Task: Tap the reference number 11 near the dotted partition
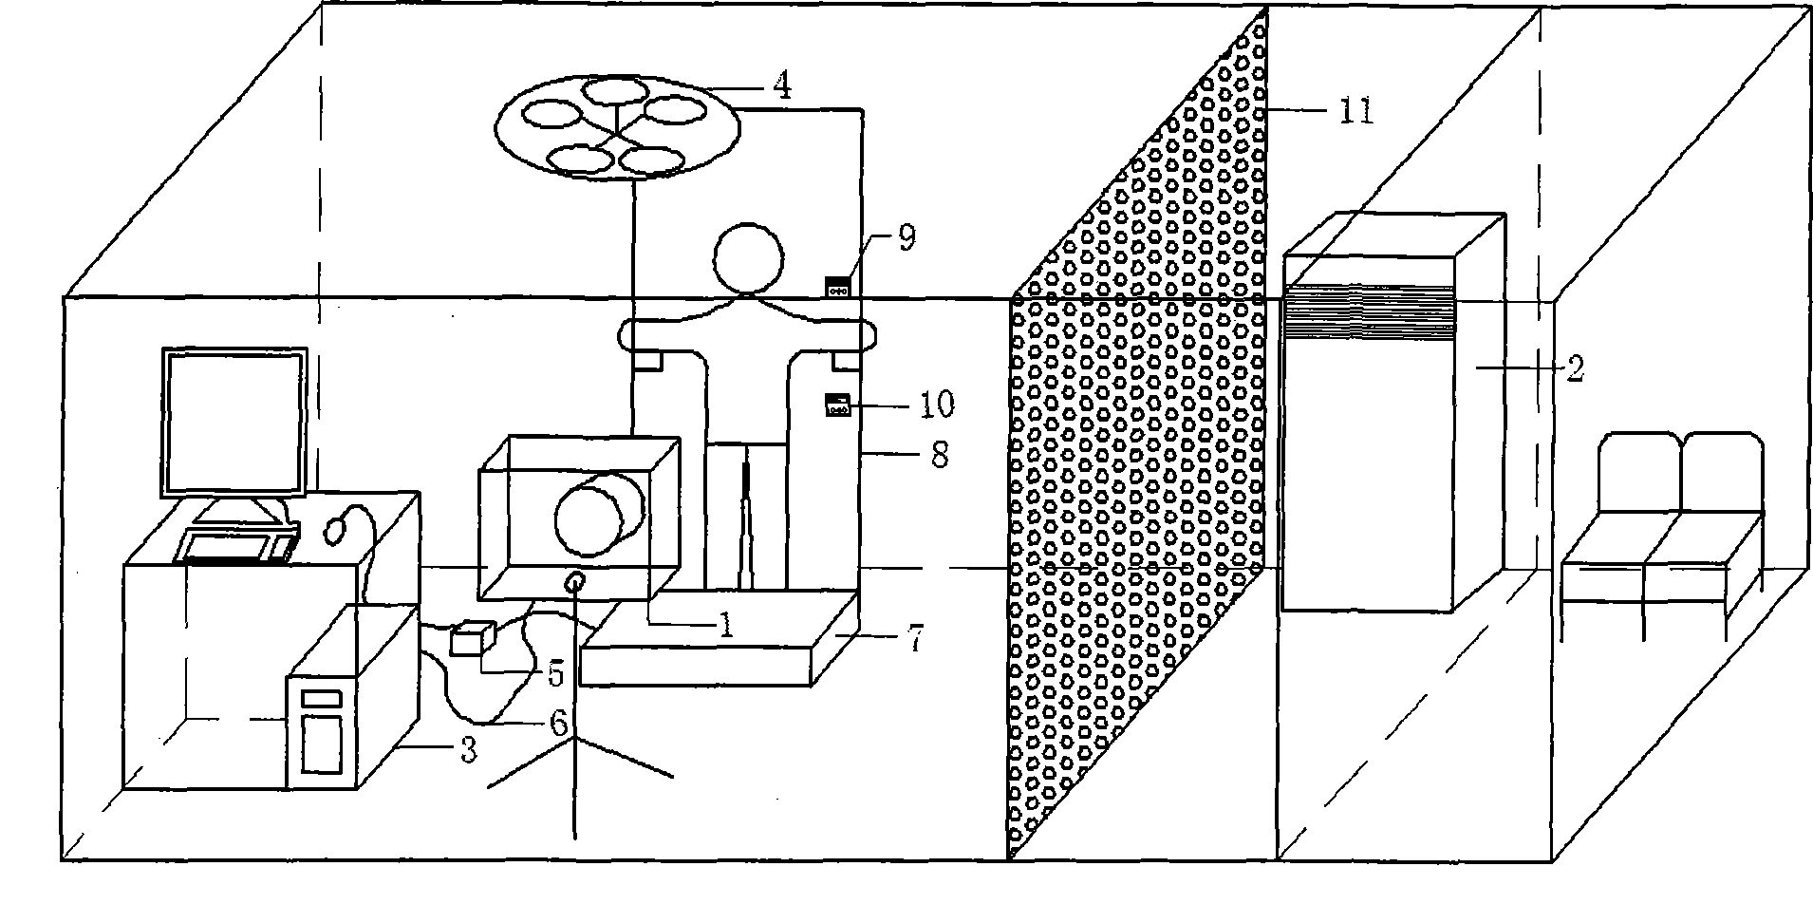(x=1355, y=111)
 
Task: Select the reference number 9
(x=906, y=237)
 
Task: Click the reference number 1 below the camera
(x=726, y=625)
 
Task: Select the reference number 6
(x=558, y=725)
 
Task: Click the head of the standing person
(x=750, y=258)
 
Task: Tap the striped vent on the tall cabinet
(x=1369, y=313)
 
